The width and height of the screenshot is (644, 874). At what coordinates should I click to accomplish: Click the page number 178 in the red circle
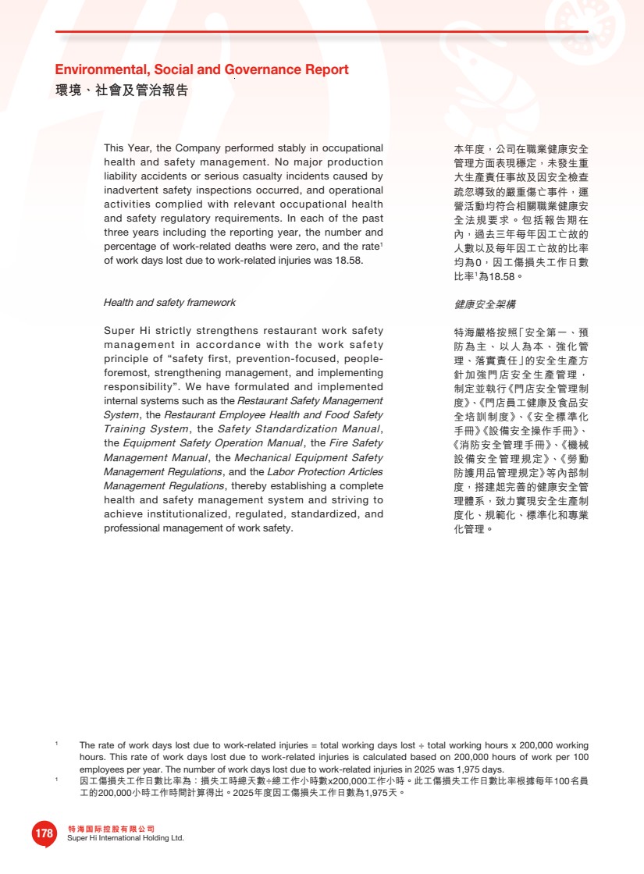tap(44, 833)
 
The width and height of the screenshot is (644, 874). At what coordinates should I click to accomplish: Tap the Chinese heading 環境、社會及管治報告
tap(121, 91)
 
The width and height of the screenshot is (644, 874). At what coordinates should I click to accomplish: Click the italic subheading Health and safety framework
tap(169, 302)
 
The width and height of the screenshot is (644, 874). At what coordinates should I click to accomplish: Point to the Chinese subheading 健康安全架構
tap(485, 304)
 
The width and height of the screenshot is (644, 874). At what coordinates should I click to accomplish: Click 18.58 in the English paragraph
tap(348, 261)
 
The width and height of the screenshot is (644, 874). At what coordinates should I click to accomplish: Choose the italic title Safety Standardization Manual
tap(298, 429)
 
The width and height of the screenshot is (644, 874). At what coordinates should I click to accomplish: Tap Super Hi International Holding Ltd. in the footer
tap(126, 838)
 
